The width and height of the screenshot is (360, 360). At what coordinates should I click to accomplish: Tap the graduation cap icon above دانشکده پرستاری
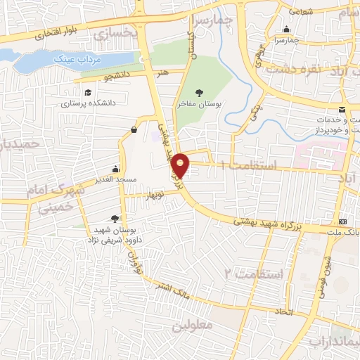click(x=88, y=92)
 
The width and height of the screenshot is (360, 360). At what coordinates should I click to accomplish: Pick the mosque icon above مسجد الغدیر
click(x=115, y=169)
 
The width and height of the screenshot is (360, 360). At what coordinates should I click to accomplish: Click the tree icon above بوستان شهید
click(x=115, y=219)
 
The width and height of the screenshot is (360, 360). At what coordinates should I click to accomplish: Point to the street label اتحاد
click(x=283, y=310)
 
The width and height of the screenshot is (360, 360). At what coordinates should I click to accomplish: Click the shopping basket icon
click(x=134, y=129)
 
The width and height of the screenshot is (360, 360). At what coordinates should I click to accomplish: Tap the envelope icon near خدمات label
click(x=342, y=109)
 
